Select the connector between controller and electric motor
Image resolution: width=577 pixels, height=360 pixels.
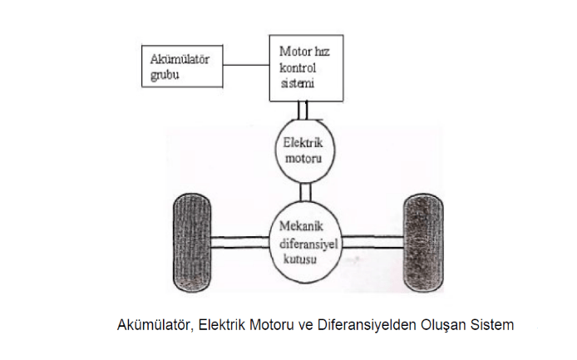pyautogui.click(x=305, y=108)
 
